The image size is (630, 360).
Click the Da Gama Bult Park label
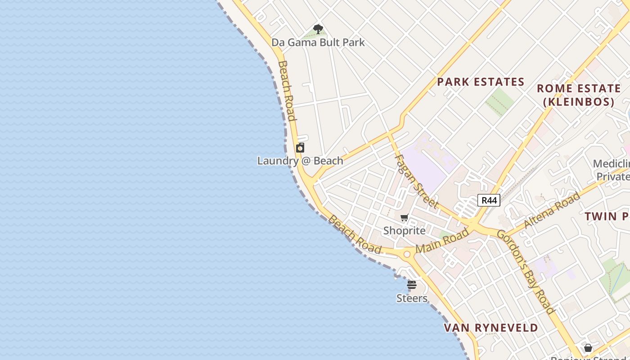[x=318, y=42]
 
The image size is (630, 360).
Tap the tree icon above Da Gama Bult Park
[x=318, y=30]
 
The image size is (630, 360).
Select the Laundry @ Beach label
[x=300, y=161]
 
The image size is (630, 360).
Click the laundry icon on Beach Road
[x=300, y=148]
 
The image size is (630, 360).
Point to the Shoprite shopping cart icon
[x=405, y=218]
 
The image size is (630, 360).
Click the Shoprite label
[x=404, y=230]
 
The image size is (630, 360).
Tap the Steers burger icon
[x=412, y=285]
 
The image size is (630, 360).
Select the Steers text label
[x=412, y=298]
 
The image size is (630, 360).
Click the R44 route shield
[x=489, y=200]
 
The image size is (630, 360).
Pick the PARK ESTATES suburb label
[x=481, y=82]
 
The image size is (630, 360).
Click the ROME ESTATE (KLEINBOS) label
[x=579, y=95]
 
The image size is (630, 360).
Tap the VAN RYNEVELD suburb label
[x=491, y=328]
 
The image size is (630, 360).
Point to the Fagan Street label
[x=416, y=181]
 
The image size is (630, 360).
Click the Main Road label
[x=442, y=240]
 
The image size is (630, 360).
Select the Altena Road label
[x=552, y=210]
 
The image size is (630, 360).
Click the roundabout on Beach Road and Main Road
[x=407, y=254]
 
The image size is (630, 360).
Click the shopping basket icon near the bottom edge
[x=588, y=348]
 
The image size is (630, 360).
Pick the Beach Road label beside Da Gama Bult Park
[x=287, y=91]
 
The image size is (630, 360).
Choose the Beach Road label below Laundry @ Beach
[x=355, y=234]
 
